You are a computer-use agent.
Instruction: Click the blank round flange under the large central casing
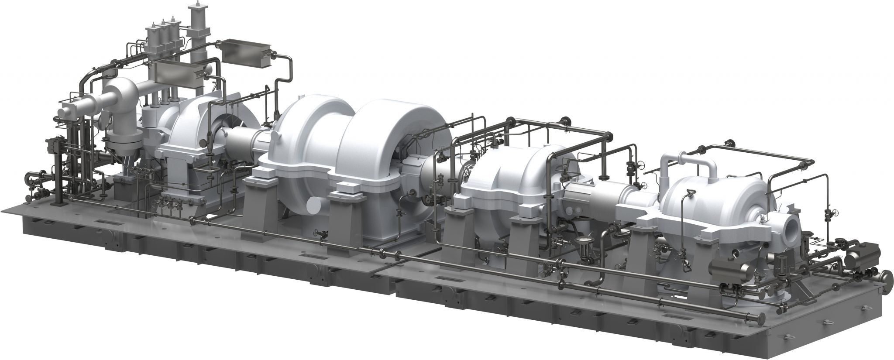[315, 203]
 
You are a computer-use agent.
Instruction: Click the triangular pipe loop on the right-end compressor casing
[691, 195]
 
